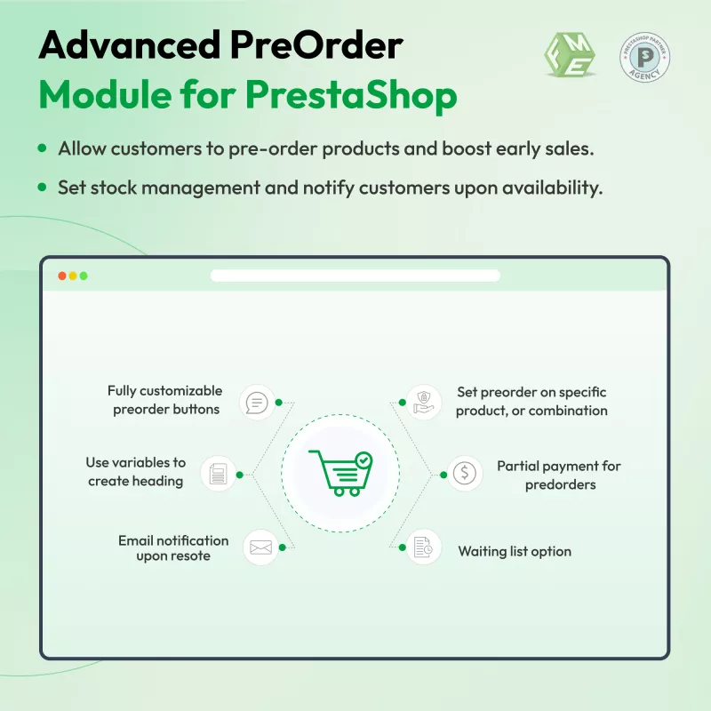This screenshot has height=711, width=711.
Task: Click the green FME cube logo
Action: pos(570,55)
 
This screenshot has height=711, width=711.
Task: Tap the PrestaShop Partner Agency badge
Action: pos(644,57)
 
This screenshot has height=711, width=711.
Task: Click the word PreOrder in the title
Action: pos(316,45)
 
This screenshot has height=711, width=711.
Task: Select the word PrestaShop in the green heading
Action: pos(351,95)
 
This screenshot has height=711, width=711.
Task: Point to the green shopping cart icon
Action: pos(340,473)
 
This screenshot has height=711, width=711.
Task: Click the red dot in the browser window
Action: pos(62,276)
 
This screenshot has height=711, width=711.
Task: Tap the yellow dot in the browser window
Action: pos(73,276)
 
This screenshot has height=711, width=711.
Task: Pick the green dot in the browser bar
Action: pos(84,276)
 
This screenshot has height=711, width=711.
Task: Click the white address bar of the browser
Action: pos(355,276)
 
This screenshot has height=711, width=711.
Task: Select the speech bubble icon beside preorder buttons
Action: pos(257,403)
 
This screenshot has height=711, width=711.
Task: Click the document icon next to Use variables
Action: pos(218,474)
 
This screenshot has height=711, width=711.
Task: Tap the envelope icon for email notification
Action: pos(260,547)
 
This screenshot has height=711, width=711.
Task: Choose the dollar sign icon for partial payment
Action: pos(465,474)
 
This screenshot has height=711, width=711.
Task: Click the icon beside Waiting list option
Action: pos(424,547)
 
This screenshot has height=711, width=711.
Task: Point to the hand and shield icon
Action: pos(424,403)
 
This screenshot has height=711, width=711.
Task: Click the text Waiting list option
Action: pos(515,551)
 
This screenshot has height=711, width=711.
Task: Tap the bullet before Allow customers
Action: pos(42,148)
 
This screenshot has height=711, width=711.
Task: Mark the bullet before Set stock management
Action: pos(42,187)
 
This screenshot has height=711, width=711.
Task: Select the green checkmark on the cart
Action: pos(363,460)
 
